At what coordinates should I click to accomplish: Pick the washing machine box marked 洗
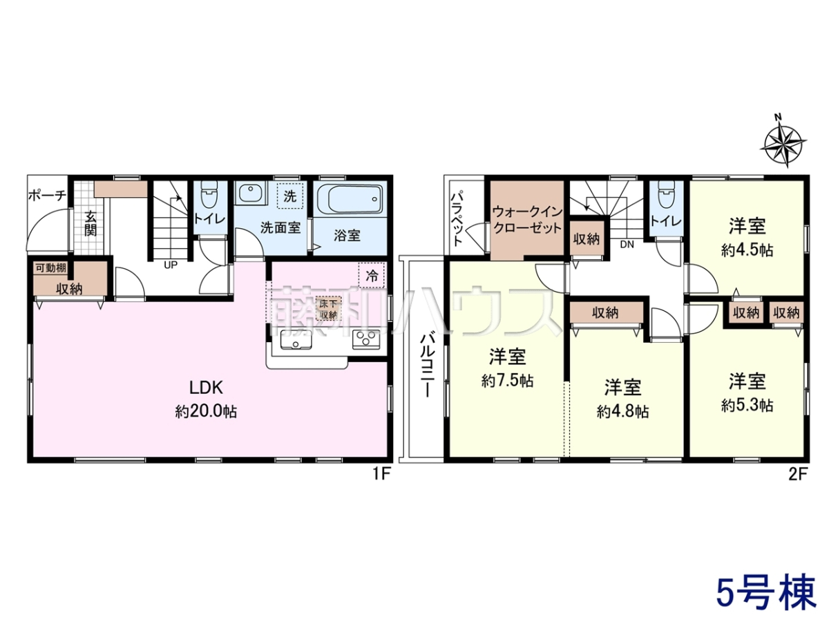tap(290, 196)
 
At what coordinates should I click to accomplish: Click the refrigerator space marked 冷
tap(371, 275)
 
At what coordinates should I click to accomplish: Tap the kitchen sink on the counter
tap(296, 340)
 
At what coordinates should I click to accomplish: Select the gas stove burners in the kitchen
tap(365, 339)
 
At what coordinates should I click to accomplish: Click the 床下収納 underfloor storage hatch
tap(328, 308)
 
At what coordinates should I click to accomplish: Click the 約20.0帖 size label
tap(206, 411)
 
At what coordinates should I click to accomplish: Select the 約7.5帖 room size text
tap(507, 381)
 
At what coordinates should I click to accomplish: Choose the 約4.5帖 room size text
tap(747, 250)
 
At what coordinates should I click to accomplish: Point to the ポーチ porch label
tap(47, 196)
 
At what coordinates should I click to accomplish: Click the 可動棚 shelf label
tap(51, 268)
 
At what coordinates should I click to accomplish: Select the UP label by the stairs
tap(171, 265)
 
